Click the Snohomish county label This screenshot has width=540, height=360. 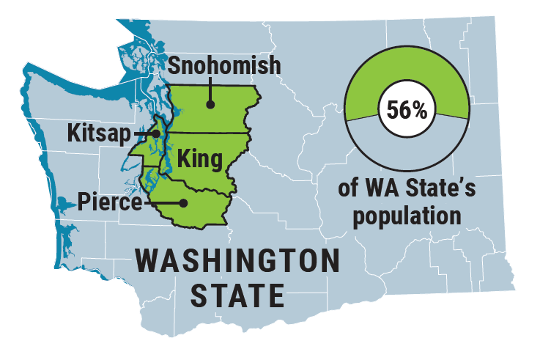(x=224, y=65)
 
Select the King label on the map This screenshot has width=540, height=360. (x=200, y=157)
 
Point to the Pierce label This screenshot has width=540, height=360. (x=110, y=200)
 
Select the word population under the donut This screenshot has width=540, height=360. (x=408, y=217)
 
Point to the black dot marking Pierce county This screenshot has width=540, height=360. (x=183, y=203)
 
